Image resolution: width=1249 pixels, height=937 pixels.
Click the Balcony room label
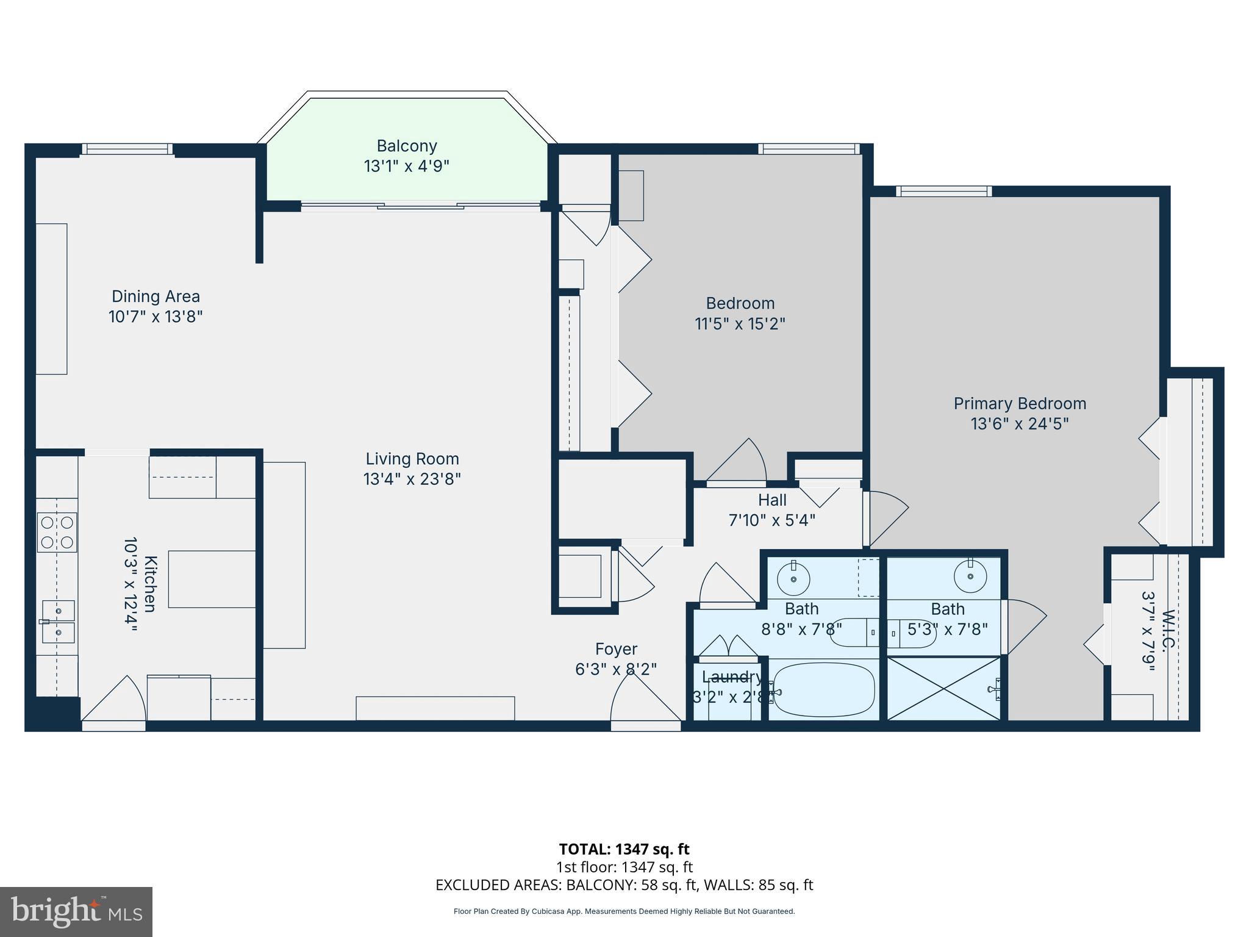(x=407, y=146)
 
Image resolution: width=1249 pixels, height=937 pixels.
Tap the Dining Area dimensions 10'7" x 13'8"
(x=156, y=317)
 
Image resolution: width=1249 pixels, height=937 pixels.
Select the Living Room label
(x=412, y=459)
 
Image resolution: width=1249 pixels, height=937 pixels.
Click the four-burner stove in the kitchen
(x=57, y=532)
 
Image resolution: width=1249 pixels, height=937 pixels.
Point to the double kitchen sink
(x=59, y=622)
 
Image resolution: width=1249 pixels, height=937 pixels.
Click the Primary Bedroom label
(x=1020, y=404)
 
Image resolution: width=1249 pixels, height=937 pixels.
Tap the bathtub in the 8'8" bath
(x=823, y=690)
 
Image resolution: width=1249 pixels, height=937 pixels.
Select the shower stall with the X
(x=943, y=688)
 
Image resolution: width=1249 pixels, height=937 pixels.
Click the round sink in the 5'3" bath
(x=970, y=575)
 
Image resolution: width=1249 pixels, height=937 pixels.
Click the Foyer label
(x=616, y=649)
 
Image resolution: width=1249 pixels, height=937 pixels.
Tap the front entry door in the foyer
(x=645, y=702)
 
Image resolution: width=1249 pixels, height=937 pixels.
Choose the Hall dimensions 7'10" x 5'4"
(x=771, y=520)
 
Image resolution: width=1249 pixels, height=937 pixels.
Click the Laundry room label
(x=731, y=677)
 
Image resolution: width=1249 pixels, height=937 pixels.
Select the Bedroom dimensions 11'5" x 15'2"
(x=740, y=323)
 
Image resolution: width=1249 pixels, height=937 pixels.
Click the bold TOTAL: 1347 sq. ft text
(x=624, y=849)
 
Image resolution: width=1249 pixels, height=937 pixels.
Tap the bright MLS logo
(x=76, y=912)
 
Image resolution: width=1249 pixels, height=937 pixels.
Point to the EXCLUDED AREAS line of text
(x=624, y=885)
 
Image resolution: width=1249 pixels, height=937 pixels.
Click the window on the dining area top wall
(x=127, y=149)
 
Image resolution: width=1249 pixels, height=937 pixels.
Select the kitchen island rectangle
(x=212, y=579)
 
